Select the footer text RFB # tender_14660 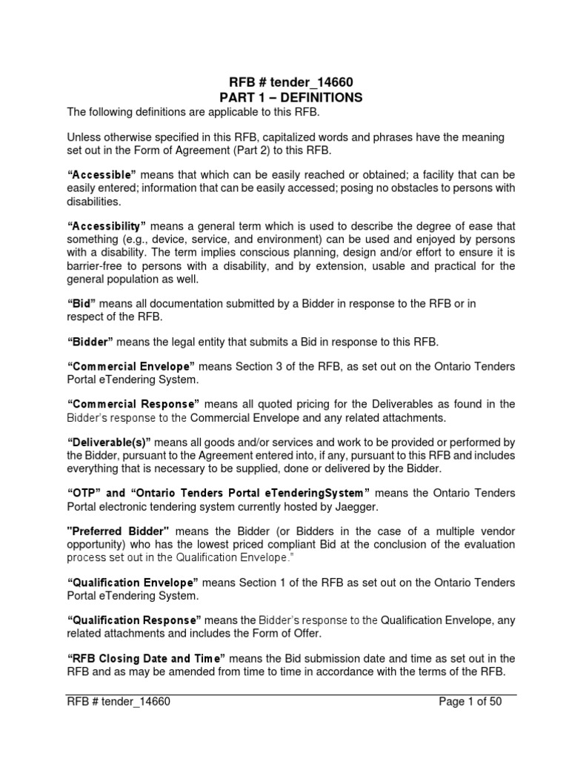(119, 701)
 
